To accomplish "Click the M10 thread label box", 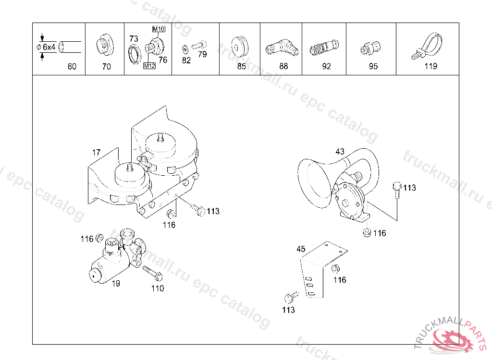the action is [159, 29].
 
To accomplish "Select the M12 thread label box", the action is [149, 66].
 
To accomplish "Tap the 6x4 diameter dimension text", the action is [49, 47].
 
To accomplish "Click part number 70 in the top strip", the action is [107, 67].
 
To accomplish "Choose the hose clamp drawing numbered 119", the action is [427, 46].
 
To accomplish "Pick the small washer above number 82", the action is [185, 49].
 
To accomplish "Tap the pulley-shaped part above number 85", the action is [240, 47].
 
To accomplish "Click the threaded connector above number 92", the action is [324, 48].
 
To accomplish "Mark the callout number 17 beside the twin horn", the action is [96, 153].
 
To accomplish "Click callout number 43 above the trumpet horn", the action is [340, 152].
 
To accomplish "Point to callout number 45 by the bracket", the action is [301, 249].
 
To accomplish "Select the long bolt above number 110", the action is [153, 273].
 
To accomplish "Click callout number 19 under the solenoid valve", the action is [116, 284].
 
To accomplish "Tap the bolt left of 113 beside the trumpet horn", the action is [397, 190].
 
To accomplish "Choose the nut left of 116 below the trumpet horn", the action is [367, 233].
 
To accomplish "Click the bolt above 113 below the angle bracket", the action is [292, 297].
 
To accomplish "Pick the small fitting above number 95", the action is [370, 48].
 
